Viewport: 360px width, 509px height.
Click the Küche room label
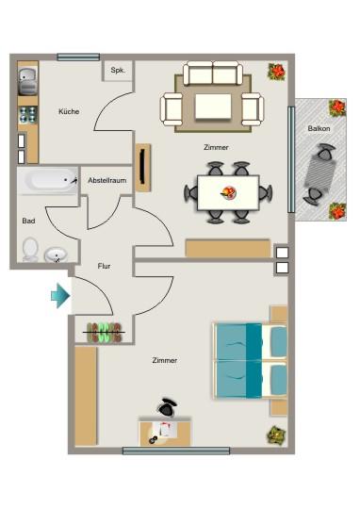(69, 112)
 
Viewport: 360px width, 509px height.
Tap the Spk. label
(118, 71)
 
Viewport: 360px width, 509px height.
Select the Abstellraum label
(106, 179)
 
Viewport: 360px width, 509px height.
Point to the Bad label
(28, 221)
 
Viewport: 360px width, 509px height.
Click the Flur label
(104, 267)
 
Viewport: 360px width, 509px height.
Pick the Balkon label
(318, 128)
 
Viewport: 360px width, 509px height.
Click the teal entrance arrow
(60, 296)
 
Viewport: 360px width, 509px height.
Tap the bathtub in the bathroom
(51, 180)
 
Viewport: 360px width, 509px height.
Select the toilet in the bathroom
(30, 251)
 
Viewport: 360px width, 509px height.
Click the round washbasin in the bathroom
(57, 254)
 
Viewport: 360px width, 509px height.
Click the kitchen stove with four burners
(27, 114)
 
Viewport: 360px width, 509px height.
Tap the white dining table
(228, 192)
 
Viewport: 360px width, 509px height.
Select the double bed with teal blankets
(250, 358)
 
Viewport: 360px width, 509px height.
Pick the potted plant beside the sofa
(277, 72)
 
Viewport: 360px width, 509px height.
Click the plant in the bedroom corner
(275, 435)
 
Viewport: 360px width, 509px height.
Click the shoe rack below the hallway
(104, 330)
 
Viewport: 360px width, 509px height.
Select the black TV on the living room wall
(141, 168)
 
